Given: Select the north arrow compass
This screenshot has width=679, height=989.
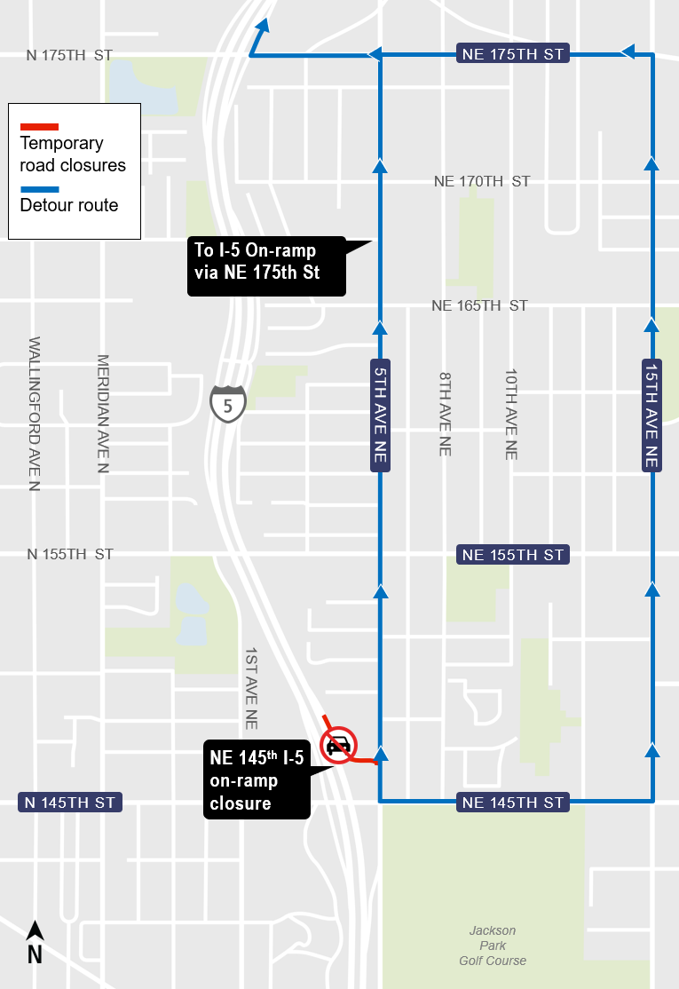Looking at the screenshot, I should tap(35, 942).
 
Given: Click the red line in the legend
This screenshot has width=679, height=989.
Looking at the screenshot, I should tap(39, 126).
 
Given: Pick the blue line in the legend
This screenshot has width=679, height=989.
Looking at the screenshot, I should tap(39, 189).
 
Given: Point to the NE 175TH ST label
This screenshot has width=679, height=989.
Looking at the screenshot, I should tap(513, 54).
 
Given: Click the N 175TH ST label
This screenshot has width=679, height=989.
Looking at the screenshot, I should tap(69, 55).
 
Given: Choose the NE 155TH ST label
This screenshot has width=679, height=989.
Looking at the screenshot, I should tap(513, 555).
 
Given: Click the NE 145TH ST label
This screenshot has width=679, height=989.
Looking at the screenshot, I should tap(513, 803).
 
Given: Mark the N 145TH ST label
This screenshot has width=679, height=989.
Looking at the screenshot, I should tap(69, 803).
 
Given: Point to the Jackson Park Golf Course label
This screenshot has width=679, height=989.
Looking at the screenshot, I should tap(493, 945).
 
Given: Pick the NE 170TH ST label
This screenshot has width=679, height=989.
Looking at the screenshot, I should tap(482, 181).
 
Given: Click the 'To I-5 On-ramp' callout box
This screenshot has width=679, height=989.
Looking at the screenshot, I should tap(265, 265).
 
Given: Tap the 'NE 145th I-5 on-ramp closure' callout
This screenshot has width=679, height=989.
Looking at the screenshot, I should tap(257, 779).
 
